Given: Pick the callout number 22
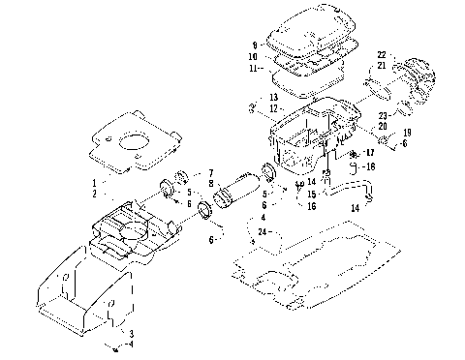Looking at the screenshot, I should point(381,54).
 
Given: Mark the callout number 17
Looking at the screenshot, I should point(371,152).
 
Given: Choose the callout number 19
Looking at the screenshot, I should point(407,133).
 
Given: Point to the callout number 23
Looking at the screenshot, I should point(384,115).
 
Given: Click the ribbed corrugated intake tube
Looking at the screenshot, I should point(238,190).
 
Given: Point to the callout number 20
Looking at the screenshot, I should point(384,127).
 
